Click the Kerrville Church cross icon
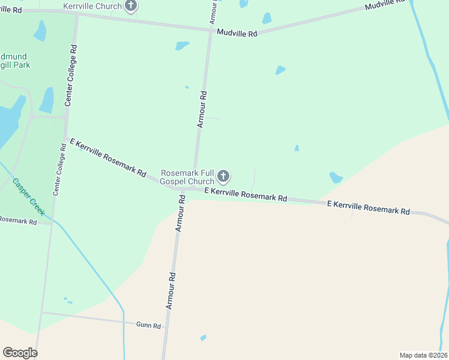tap(131, 6)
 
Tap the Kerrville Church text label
tap(92, 6)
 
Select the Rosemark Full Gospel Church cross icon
tap(223, 176)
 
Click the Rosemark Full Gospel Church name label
tap(187, 177)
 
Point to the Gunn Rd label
tap(149, 325)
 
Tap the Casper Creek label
tap(28, 197)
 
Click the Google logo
tap(20, 353)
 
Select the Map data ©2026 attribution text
tap(423, 355)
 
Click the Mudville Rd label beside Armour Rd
tap(237, 34)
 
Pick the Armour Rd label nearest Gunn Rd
tap(171, 291)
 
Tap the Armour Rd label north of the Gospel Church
tap(202, 109)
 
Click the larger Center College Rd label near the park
tap(71, 75)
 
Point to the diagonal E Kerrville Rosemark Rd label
tap(108, 158)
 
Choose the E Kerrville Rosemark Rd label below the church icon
tap(245, 194)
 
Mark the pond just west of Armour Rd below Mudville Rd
tap(181, 46)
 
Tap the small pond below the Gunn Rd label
tap(203, 338)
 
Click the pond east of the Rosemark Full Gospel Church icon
tap(336, 178)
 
